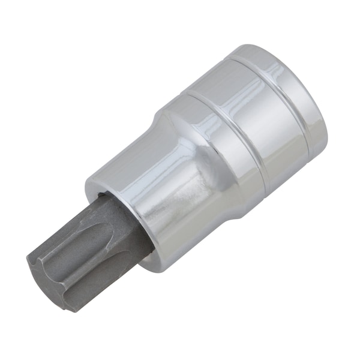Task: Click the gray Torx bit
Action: (84, 252)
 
